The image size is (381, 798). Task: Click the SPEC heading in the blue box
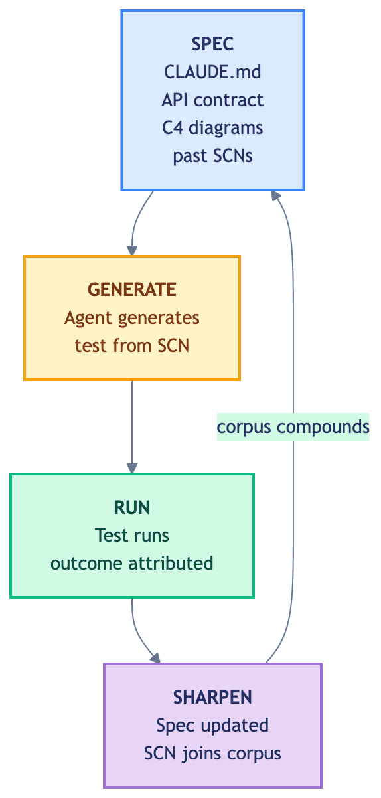[x=212, y=44]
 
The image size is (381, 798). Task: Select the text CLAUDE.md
[x=212, y=72]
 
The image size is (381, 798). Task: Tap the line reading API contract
[x=212, y=100]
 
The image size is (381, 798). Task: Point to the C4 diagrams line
[x=212, y=127]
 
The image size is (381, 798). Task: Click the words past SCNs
[x=212, y=156]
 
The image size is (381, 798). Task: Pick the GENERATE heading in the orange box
[x=131, y=289]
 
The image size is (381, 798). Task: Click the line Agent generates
[x=131, y=318]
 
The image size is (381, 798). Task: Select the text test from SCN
[x=131, y=346]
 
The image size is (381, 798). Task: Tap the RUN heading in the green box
[x=131, y=507]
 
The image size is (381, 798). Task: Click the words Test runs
[x=131, y=535]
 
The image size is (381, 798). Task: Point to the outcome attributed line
[x=131, y=563]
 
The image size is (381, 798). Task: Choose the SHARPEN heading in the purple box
[x=212, y=697]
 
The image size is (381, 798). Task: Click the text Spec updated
[x=212, y=726]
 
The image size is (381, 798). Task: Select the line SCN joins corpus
[x=212, y=753]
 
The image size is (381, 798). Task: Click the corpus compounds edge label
[x=293, y=427]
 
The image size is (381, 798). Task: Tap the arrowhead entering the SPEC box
[x=276, y=196]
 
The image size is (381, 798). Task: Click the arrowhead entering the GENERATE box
[x=132, y=250]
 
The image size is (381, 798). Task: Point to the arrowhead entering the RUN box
[x=132, y=469]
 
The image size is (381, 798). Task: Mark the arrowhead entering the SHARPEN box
[x=155, y=658]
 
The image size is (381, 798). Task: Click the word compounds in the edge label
[x=323, y=427]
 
